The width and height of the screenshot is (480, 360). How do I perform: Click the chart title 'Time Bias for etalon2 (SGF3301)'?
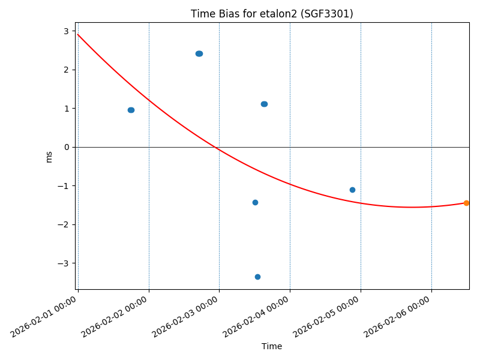click(x=272, y=14)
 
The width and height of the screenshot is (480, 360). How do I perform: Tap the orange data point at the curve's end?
click(x=466, y=203)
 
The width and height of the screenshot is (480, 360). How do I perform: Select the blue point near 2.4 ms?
click(x=199, y=53)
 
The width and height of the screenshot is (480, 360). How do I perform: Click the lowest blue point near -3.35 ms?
click(x=257, y=277)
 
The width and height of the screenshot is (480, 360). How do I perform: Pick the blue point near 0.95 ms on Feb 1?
click(x=131, y=110)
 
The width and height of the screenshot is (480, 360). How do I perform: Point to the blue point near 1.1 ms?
click(x=264, y=104)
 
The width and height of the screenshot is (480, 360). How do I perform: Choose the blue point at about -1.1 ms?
click(x=352, y=190)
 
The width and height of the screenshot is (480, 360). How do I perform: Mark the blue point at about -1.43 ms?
click(x=255, y=202)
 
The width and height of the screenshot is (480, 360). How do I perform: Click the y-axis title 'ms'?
click(x=49, y=157)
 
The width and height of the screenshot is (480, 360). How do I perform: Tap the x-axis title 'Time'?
click(x=272, y=346)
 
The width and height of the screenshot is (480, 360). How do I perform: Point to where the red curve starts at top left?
click(x=78, y=34)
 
